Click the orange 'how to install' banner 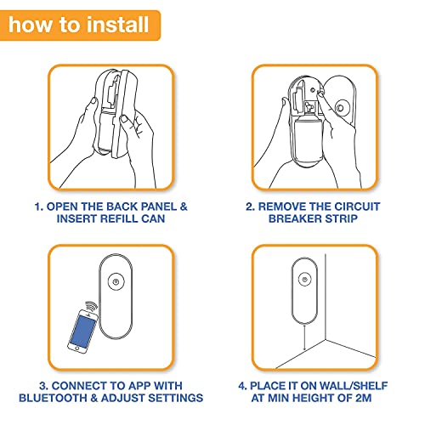pyautogui.click(x=80, y=25)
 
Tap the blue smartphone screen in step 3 pyautogui.click(x=83, y=330)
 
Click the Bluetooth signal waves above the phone pyautogui.click(x=91, y=307)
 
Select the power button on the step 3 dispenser pyautogui.click(x=116, y=282)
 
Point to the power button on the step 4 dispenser pyautogui.click(x=305, y=280)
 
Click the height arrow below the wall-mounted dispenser pyautogui.click(x=304, y=337)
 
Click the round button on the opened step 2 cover pyautogui.click(x=341, y=108)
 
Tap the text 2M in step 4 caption pyautogui.click(x=363, y=398)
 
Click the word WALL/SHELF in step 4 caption pyautogui.click(x=354, y=386)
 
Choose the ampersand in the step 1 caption pyautogui.click(x=184, y=207)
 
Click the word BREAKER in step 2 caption pyautogui.click(x=295, y=218)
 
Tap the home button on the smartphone pyautogui.click(x=76, y=348)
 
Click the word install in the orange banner pyautogui.click(x=117, y=25)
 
